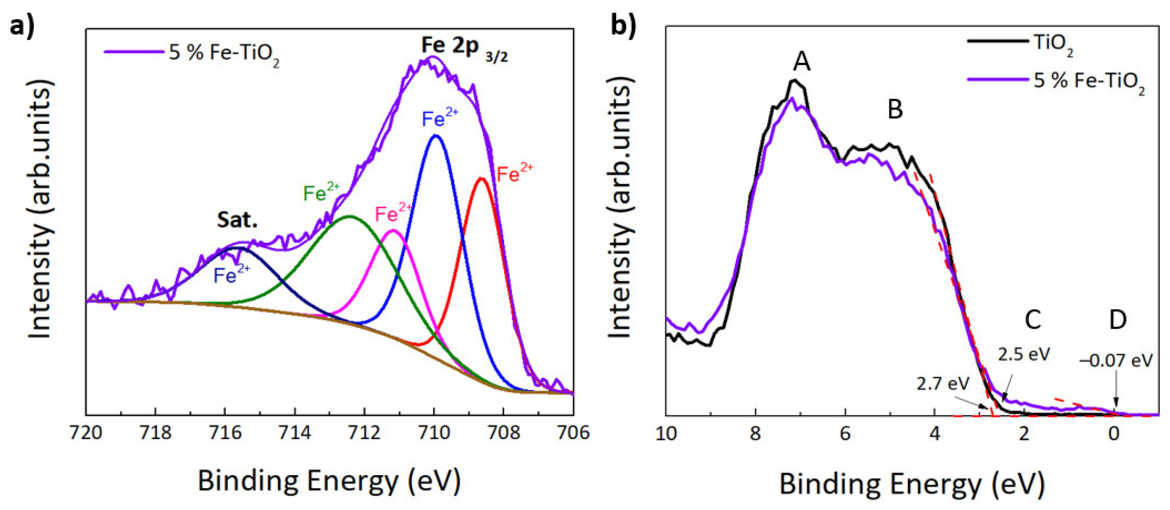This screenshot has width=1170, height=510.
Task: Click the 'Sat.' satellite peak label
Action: [237, 220]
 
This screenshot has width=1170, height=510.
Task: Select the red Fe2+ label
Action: [514, 173]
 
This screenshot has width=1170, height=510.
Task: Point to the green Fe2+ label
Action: [321, 193]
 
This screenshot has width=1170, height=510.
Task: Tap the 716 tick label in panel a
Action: [225, 433]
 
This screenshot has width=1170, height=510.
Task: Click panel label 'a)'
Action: [22, 26]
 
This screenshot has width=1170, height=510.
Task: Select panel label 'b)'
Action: [623, 26]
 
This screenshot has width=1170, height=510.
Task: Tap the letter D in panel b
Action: [1118, 320]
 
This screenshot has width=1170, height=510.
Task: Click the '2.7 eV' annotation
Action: [943, 384]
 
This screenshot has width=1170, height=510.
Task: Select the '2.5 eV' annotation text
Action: [1024, 354]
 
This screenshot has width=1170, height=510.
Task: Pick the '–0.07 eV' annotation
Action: [1116, 361]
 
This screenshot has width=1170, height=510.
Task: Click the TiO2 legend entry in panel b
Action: [1053, 43]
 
